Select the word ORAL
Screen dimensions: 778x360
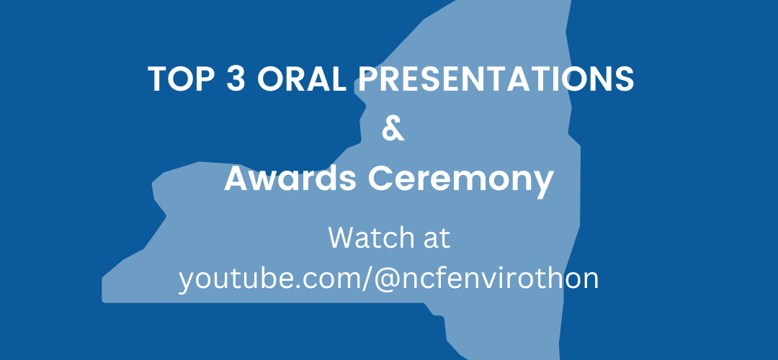(302, 79)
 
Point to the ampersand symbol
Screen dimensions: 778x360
(393, 129)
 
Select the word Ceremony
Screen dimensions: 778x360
(460, 181)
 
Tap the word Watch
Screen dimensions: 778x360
(371, 238)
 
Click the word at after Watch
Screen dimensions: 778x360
(437, 239)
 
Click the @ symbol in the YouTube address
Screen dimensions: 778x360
(387, 280)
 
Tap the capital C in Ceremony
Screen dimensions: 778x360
(380, 179)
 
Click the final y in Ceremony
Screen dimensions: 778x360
(543, 184)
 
